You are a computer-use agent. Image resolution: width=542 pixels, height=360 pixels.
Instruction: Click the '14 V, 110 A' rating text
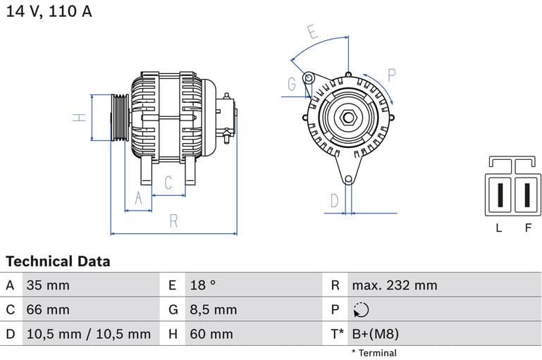[x=49, y=12]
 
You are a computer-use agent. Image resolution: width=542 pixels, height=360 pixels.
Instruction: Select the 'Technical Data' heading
[x=58, y=261]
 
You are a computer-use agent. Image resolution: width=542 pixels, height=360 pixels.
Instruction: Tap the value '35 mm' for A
[x=48, y=285]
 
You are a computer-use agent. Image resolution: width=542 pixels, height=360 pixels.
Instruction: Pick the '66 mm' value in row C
[x=48, y=309]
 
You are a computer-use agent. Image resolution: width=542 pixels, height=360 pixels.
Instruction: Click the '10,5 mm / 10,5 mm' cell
[x=88, y=334]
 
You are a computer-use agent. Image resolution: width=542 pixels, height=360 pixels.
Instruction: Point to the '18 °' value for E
[x=203, y=285]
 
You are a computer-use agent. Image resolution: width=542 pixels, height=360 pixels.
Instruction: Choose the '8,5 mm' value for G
[x=214, y=309]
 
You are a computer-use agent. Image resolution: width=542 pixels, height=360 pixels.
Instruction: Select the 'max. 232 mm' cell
[x=395, y=285]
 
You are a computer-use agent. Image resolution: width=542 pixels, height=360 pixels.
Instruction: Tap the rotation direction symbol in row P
[x=361, y=310]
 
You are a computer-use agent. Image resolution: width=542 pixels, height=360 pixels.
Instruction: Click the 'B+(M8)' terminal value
[x=376, y=334]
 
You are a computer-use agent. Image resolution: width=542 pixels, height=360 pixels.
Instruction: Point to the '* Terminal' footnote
[x=374, y=353]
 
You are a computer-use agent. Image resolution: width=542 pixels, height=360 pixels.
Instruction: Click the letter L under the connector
[x=499, y=228]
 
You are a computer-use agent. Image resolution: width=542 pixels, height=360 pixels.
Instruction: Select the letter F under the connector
[x=527, y=228]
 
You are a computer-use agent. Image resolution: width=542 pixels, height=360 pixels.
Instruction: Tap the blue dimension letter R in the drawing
[x=173, y=221]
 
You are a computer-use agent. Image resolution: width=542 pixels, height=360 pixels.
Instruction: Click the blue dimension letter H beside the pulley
[x=81, y=117]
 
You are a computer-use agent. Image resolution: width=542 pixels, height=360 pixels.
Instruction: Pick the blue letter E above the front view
[x=312, y=32]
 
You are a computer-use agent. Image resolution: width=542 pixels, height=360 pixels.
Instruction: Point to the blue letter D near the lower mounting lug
[x=335, y=201]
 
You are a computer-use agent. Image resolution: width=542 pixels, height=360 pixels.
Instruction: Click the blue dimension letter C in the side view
[x=168, y=183]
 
